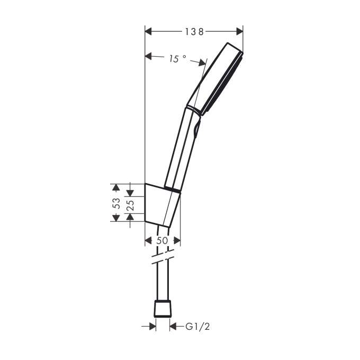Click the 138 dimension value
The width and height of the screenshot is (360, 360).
pyautogui.click(x=194, y=32)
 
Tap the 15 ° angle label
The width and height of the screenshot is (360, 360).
pyautogui.click(x=178, y=59)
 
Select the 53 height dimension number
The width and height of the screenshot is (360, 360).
pyautogui.click(x=117, y=203)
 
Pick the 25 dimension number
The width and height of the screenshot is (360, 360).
pyautogui.click(x=130, y=205)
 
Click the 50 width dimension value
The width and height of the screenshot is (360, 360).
pyautogui.click(x=163, y=240)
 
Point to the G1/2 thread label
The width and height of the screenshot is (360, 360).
pyautogui.click(x=197, y=327)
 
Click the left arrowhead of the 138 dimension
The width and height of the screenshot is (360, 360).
pyautogui.click(x=148, y=31)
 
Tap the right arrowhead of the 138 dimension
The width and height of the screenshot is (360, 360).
pyautogui.click(x=239, y=31)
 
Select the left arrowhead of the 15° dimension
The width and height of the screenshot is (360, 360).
pyautogui.click(x=148, y=56)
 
